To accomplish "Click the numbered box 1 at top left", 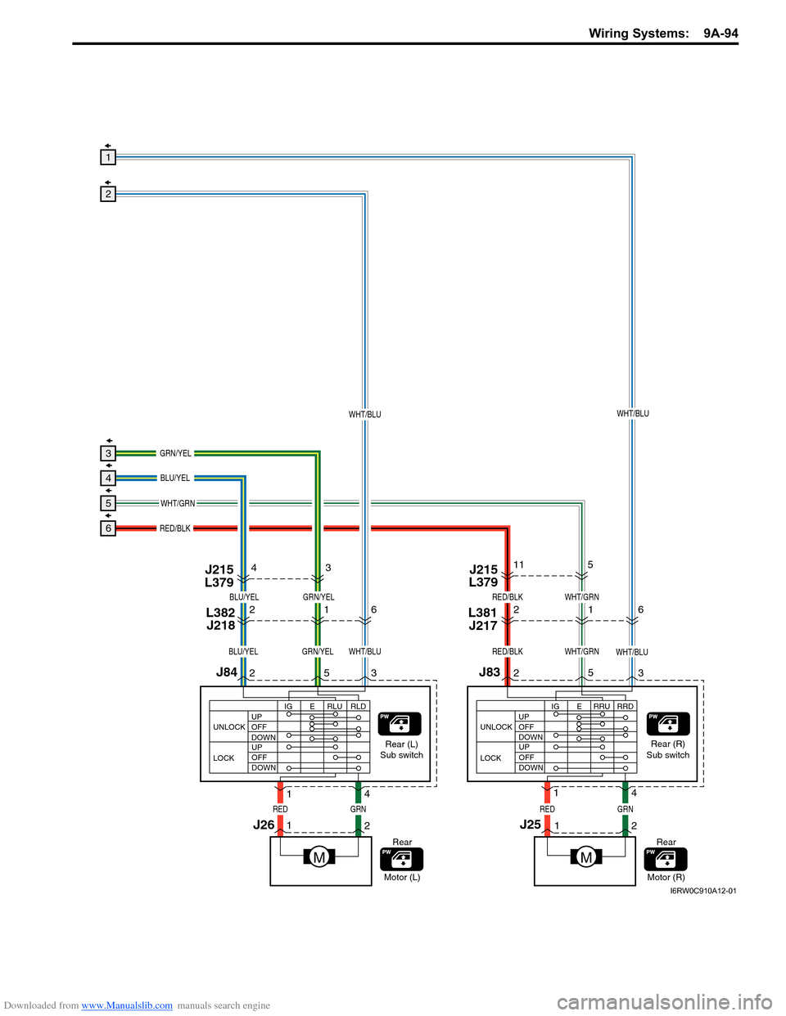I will tap(108, 157).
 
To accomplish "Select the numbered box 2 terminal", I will tap(108, 194).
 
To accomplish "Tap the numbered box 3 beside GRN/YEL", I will tap(108, 453).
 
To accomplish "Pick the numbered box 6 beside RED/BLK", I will tap(108, 528).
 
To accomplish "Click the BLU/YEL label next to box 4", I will tap(174, 478).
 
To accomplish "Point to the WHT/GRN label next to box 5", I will tap(178, 503).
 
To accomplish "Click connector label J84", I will tap(226, 672).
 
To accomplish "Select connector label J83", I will tap(489, 672).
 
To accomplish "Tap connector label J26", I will tap(264, 825).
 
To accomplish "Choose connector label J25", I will tap(531, 825).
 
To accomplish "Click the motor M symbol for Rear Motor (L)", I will tap(319, 857).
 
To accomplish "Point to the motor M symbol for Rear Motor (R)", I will tap(586, 857).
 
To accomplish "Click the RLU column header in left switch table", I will tap(335, 706).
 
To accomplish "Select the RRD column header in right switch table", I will tap(626, 706).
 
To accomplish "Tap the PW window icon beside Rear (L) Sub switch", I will tap(400, 724).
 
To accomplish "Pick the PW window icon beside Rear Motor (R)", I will tap(666, 859).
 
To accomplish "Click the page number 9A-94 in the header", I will tap(720, 34).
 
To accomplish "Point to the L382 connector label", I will tap(220, 613).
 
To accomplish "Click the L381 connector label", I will tap(482, 613).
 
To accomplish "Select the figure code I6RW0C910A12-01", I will tap(702, 891).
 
